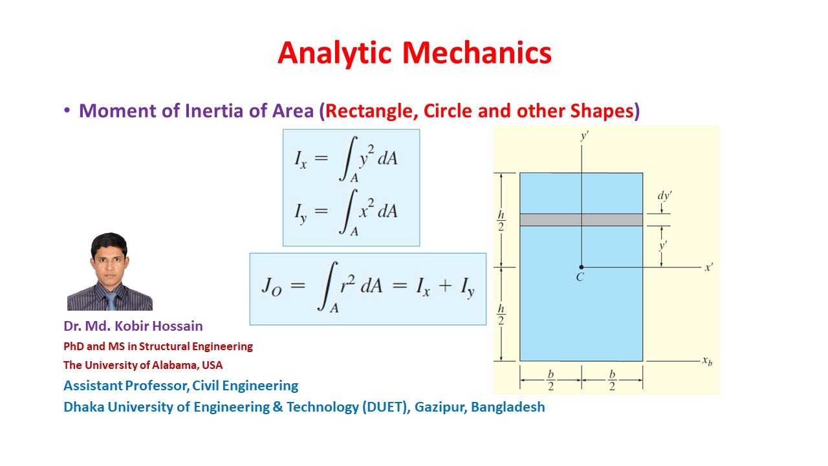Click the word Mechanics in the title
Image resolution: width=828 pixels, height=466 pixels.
click(x=477, y=53)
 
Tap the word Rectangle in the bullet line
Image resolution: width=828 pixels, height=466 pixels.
click(x=371, y=111)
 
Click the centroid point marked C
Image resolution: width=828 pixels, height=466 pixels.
click(x=581, y=267)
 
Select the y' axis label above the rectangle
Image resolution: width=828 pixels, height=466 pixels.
click(x=584, y=136)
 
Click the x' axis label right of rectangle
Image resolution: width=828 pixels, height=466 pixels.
click(x=710, y=267)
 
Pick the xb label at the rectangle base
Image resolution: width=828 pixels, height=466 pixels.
click(x=707, y=361)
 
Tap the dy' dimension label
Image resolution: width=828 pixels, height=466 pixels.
click(x=665, y=196)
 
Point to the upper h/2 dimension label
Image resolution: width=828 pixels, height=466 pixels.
click(x=501, y=220)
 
